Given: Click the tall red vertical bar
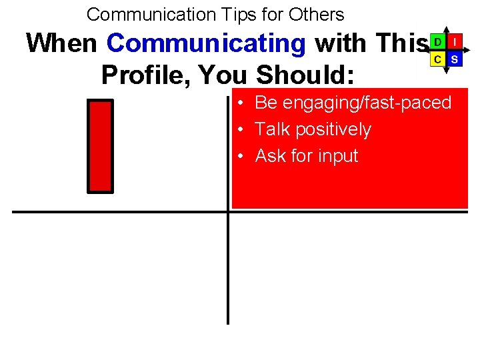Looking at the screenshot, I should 101,146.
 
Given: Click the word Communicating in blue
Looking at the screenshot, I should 206,44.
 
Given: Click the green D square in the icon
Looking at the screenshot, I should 437,41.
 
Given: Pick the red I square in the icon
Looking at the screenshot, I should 454,41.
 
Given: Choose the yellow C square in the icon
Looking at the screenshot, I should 437,59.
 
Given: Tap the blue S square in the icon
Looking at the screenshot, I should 454,59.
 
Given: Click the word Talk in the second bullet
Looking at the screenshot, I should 270,129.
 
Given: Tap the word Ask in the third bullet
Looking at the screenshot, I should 271,156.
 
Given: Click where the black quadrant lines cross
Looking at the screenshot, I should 228,212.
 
